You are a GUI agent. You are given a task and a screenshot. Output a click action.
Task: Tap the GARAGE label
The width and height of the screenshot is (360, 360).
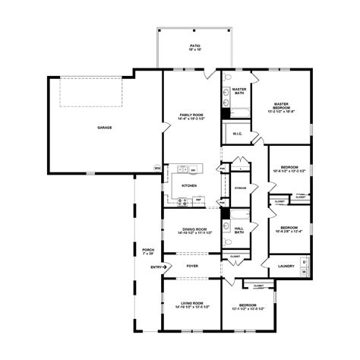105,128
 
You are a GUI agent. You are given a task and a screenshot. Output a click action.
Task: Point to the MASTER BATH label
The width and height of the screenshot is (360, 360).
238,90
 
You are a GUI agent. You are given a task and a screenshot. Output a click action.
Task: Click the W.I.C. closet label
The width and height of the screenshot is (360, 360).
237,134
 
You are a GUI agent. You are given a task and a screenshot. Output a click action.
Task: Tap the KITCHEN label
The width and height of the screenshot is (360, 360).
189,185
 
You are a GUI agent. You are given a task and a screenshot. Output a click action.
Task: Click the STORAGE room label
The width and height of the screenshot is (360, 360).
241,187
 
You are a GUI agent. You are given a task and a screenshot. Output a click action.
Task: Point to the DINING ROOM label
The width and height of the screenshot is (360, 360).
191,229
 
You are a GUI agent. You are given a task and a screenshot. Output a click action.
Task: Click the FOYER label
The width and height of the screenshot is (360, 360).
192,266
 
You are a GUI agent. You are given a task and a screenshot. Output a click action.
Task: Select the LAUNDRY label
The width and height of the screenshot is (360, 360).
286,266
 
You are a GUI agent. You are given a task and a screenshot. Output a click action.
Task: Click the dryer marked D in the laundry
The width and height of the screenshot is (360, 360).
305,262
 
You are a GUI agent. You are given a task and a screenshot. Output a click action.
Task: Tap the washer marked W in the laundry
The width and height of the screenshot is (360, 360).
305,271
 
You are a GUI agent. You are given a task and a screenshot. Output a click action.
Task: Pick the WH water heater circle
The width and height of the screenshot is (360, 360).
157,168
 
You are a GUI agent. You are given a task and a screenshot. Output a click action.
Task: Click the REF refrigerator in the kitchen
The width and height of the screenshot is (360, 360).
198,200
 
